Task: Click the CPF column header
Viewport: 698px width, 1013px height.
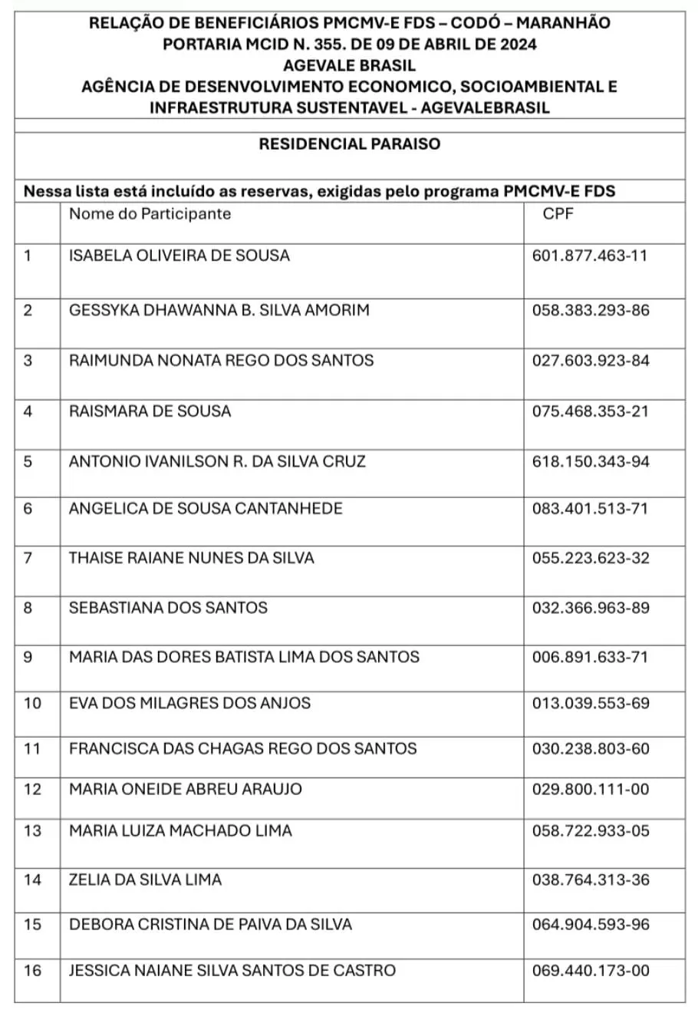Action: coord(558,213)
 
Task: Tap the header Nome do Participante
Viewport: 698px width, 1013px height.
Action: coord(150,213)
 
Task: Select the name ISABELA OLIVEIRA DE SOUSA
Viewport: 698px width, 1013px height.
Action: coord(179,256)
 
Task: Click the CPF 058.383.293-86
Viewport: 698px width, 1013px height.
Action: coord(590,310)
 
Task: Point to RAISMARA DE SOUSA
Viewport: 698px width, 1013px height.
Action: coord(150,411)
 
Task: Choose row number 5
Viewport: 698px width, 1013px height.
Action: coord(28,461)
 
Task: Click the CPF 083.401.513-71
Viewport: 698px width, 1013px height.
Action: coord(590,508)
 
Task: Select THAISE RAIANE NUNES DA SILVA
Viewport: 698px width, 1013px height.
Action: coord(191,558)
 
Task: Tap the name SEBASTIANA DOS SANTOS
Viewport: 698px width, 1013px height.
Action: coord(168,608)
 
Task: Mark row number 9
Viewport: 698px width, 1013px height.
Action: coord(28,657)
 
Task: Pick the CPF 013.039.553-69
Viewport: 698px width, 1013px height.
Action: coord(590,703)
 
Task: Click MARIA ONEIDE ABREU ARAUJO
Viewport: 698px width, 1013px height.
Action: coord(186,789)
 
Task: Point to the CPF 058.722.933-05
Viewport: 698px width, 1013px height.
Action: coord(590,830)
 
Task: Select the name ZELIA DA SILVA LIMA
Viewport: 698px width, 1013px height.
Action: coord(145,879)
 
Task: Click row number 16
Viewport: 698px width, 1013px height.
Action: coord(32,970)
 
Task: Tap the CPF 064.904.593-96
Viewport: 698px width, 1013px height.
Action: coord(590,924)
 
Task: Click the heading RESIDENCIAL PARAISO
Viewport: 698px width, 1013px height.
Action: coord(350,144)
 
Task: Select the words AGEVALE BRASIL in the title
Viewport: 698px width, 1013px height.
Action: coord(350,65)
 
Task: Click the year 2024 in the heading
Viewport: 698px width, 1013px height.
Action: coord(517,44)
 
